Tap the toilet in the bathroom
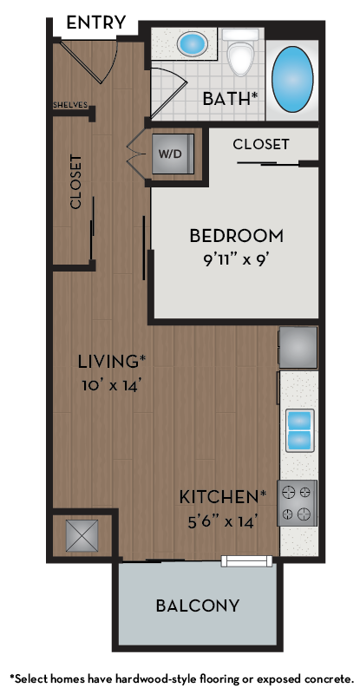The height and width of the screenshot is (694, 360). (239, 54)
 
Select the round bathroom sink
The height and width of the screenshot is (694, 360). (192, 43)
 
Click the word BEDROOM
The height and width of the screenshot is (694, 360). (236, 235)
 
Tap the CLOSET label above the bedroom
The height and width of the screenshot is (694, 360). (261, 144)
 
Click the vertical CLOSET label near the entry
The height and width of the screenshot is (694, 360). (75, 181)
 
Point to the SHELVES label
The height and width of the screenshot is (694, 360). (69, 105)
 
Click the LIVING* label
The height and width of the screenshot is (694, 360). (111, 361)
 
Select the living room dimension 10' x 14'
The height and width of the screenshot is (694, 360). (110, 383)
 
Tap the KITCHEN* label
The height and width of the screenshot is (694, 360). (223, 497)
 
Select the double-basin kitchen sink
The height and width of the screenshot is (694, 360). (298, 429)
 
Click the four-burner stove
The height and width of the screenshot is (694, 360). (297, 503)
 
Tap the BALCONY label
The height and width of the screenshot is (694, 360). (198, 606)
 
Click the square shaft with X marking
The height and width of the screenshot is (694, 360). (82, 535)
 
